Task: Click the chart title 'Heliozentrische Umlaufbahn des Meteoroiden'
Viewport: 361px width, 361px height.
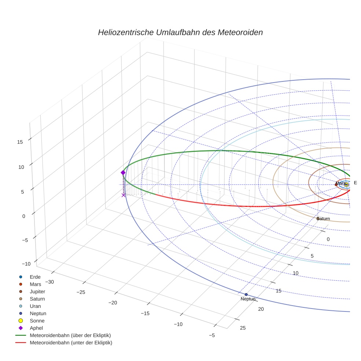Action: click(x=180, y=32)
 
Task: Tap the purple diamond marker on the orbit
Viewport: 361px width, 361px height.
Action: click(x=123, y=172)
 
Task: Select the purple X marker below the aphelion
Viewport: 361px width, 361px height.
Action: click(x=124, y=195)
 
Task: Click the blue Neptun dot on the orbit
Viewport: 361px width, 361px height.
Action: click(x=246, y=295)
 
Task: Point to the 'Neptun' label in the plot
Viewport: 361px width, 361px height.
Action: click(x=248, y=299)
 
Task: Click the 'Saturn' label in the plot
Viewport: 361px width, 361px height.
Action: click(x=324, y=219)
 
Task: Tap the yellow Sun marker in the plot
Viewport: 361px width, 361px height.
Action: click(x=346, y=185)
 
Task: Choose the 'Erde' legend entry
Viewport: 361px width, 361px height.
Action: click(x=35, y=277)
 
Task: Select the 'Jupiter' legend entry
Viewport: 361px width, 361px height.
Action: click(x=37, y=291)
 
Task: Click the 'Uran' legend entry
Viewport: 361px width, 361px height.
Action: click(x=35, y=306)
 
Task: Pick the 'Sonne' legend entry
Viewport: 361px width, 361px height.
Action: click(x=37, y=321)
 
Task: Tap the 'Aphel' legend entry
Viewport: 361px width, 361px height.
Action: click(x=36, y=328)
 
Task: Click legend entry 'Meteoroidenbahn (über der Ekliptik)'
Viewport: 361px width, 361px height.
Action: click(x=70, y=335)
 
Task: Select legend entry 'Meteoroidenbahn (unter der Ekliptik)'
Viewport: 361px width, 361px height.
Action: click(x=71, y=343)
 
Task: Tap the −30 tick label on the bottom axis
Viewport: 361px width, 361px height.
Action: click(x=50, y=282)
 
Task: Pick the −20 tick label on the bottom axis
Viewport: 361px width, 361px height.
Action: click(x=113, y=303)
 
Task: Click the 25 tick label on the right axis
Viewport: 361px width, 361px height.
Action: click(x=243, y=328)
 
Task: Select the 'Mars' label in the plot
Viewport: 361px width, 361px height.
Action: click(x=340, y=183)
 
